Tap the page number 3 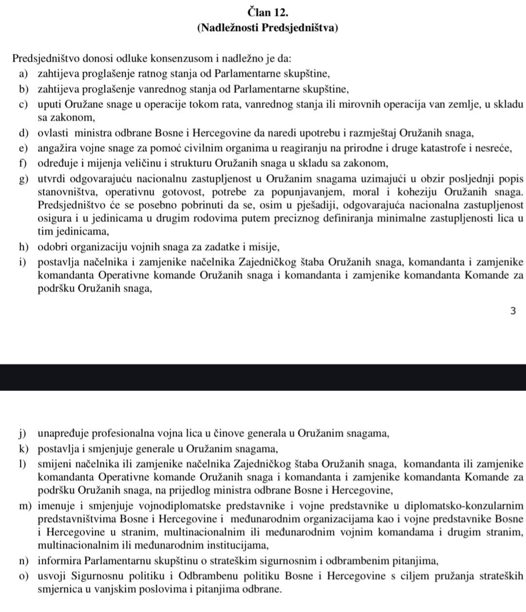pyautogui.click(x=513, y=311)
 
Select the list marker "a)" pyautogui.click(x=23, y=74)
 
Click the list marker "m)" pyautogui.click(x=24, y=507)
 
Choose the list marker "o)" pyautogui.click(x=23, y=576)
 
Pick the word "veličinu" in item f pyautogui.click(x=130, y=163)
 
